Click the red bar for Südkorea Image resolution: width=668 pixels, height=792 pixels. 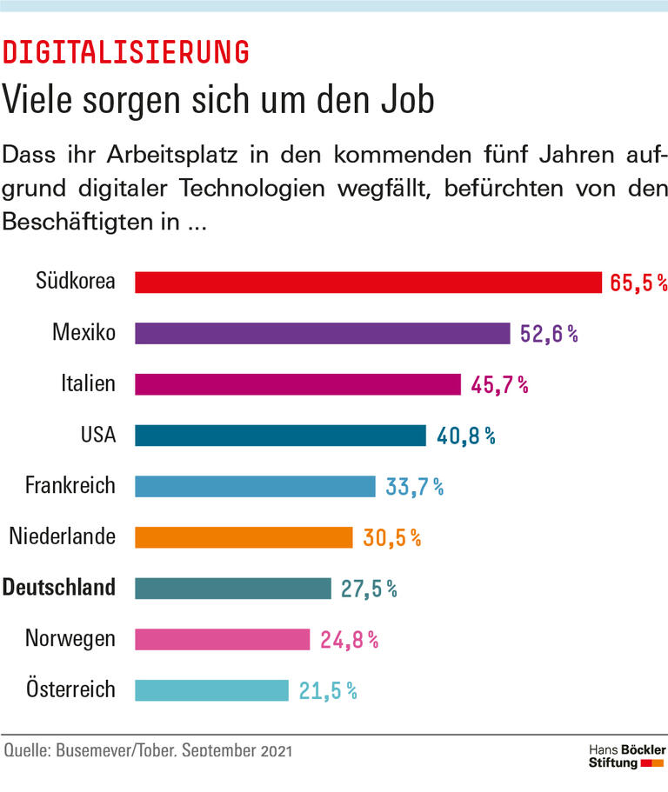[368, 283]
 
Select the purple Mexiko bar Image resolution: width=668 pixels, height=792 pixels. [322, 334]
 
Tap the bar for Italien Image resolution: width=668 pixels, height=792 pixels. [297, 384]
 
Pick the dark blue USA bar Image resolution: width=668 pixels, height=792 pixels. [280, 436]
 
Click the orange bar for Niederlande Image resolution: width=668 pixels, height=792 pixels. [244, 537]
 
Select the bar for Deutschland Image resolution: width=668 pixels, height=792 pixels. [233, 589]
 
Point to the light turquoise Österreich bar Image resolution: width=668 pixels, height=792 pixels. [211, 690]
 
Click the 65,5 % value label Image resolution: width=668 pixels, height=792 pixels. [638, 283]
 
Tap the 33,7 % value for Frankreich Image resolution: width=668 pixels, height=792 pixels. [414, 487]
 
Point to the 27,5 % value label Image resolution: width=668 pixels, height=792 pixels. [369, 589]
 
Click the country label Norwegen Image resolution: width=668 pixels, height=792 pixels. [70, 640]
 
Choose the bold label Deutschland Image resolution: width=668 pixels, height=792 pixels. [59, 588]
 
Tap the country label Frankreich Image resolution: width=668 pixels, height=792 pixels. [70, 486]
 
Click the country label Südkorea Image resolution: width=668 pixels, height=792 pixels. [76, 281]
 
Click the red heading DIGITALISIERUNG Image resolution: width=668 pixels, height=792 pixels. [126, 52]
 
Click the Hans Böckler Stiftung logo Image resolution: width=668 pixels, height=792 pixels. [626, 755]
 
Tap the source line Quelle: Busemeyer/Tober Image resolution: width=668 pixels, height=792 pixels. [149, 750]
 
